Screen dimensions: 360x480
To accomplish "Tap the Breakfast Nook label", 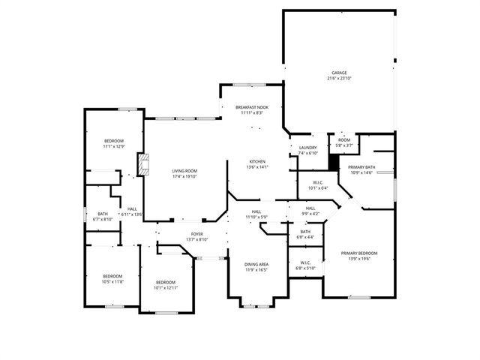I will pyautogui.click(x=251, y=110).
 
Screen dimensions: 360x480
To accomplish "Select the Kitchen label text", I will pyautogui.click(x=256, y=164).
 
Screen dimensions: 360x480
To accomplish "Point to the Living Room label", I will pyautogui.click(x=184, y=174).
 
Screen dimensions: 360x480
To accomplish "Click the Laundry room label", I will pyautogui.click(x=307, y=150).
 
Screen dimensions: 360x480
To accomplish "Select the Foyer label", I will pyautogui.click(x=196, y=236).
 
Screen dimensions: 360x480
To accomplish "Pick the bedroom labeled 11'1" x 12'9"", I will pyautogui.click(x=113, y=143).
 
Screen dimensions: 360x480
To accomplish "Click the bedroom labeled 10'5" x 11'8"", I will pyautogui.click(x=112, y=278).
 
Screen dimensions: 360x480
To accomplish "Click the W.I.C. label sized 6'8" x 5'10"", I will pyautogui.click(x=305, y=265).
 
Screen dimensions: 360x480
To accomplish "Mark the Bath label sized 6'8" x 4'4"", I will pyautogui.click(x=305, y=235).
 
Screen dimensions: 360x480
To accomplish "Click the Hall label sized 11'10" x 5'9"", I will pyautogui.click(x=256, y=215).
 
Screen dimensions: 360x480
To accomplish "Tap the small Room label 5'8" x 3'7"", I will pyautogui.click(x=343, y=142).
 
